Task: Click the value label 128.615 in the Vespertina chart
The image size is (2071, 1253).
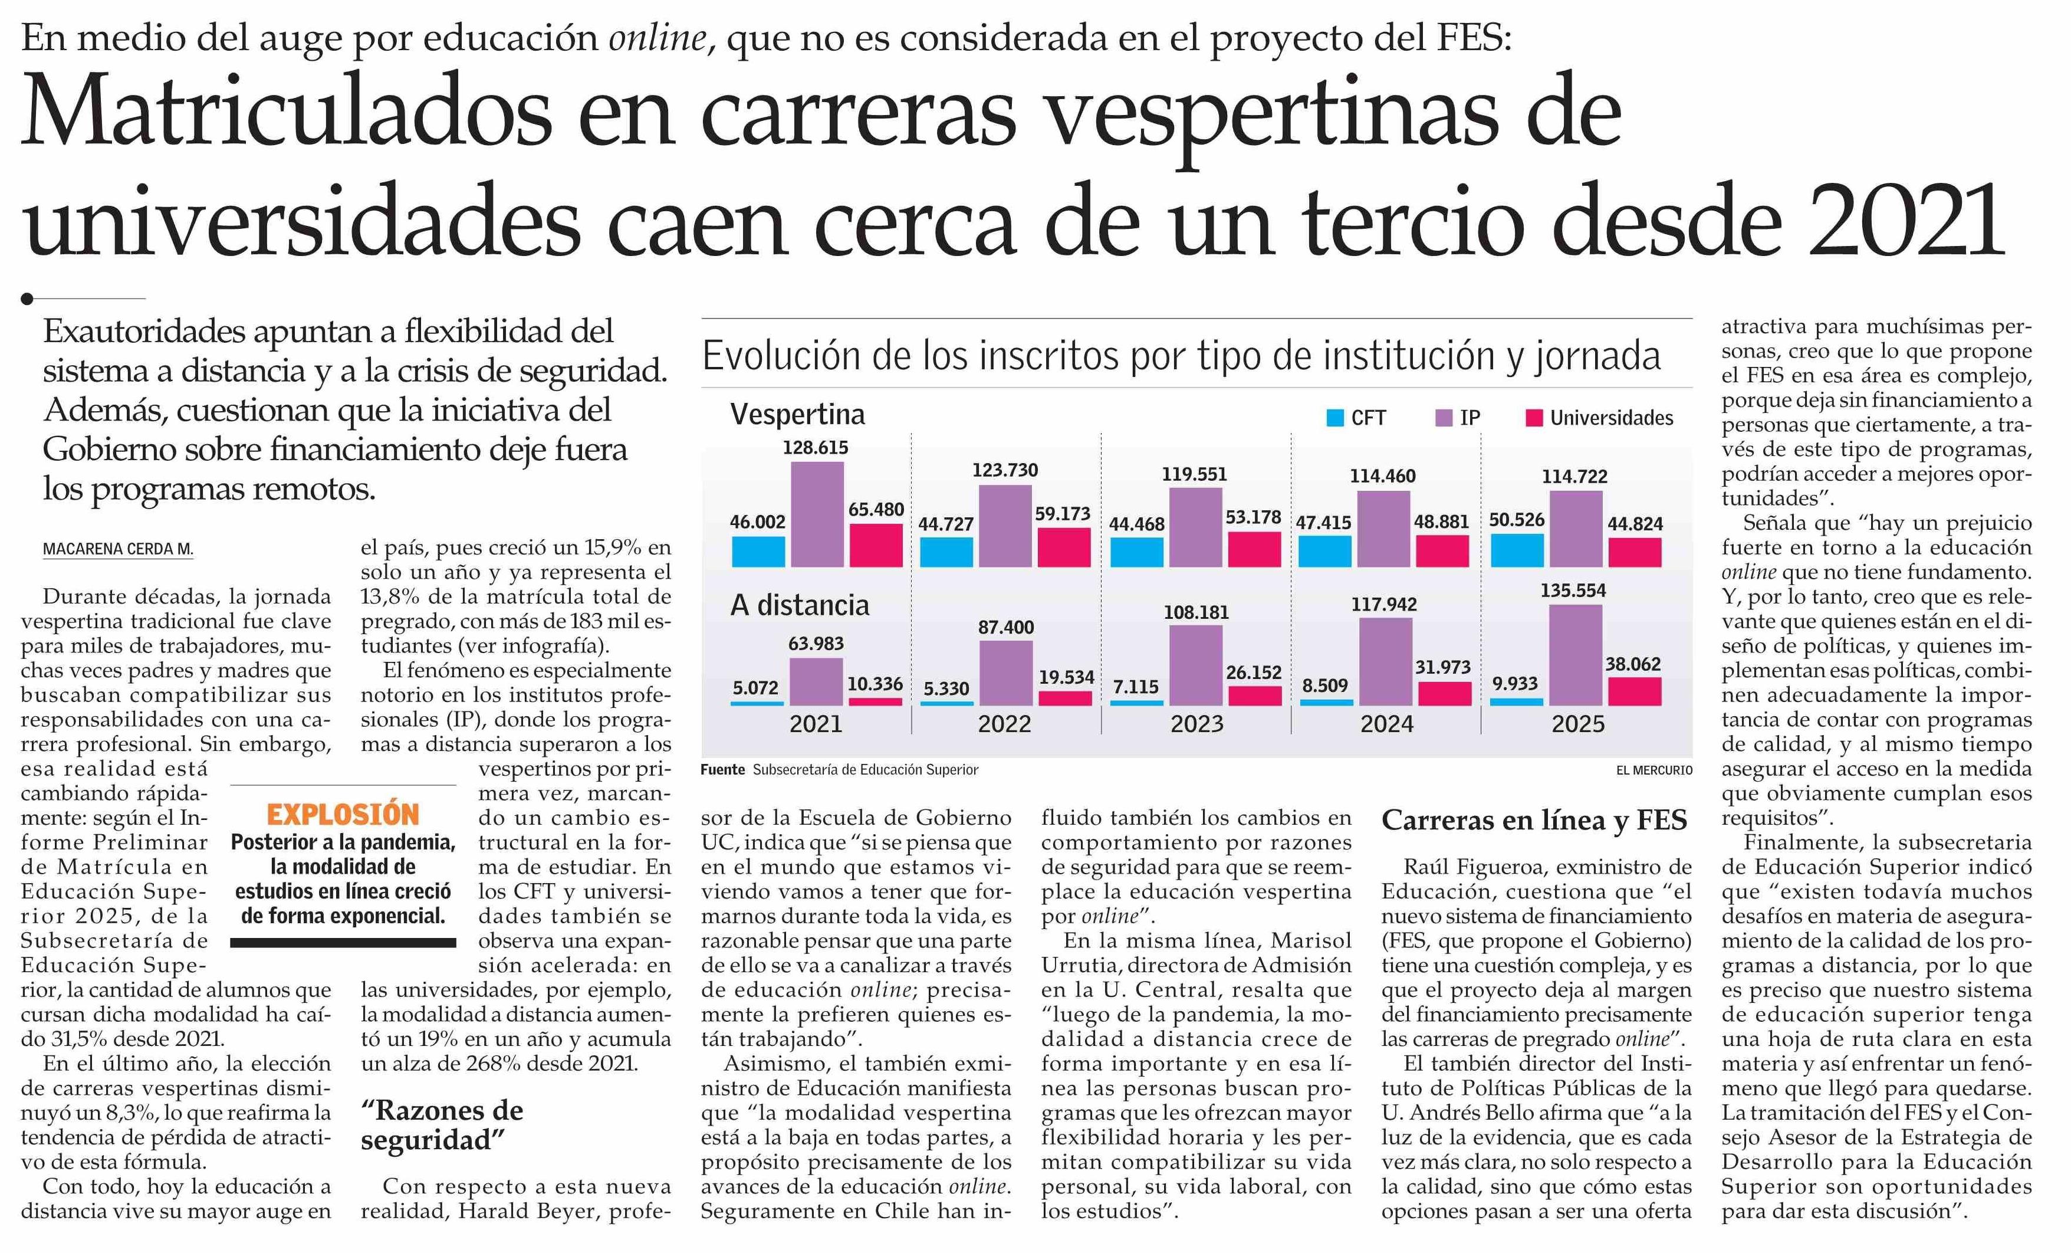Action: tap(816, 447)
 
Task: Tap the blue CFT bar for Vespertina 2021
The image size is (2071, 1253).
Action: tap(758, 552)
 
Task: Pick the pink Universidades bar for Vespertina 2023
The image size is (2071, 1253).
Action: tap(1254, 549)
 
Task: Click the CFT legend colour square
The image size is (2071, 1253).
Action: tap(1334, 418)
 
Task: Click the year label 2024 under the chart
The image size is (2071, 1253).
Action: tap(1387, 724)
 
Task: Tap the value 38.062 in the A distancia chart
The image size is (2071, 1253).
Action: tap(1633, 664)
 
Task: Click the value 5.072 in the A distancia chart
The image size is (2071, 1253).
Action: tap(755, 688)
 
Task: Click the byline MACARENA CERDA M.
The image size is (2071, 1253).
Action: tap(118, 549)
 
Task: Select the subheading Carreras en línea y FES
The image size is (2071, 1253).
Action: tap(1534, 820)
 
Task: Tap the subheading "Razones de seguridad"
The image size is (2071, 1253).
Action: tap(442, 1125)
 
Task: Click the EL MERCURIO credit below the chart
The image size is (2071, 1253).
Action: tap(1654, 769)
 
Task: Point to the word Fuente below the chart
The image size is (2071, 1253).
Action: tap(722, 769)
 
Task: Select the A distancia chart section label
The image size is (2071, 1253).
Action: tap(799, 605)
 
